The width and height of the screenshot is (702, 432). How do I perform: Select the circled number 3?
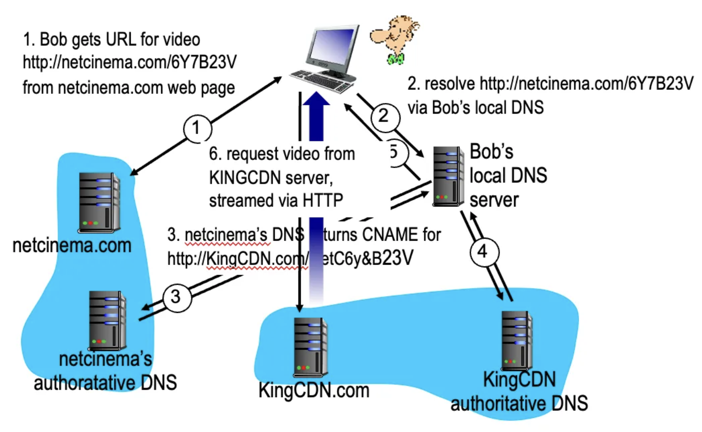(175, 297)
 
